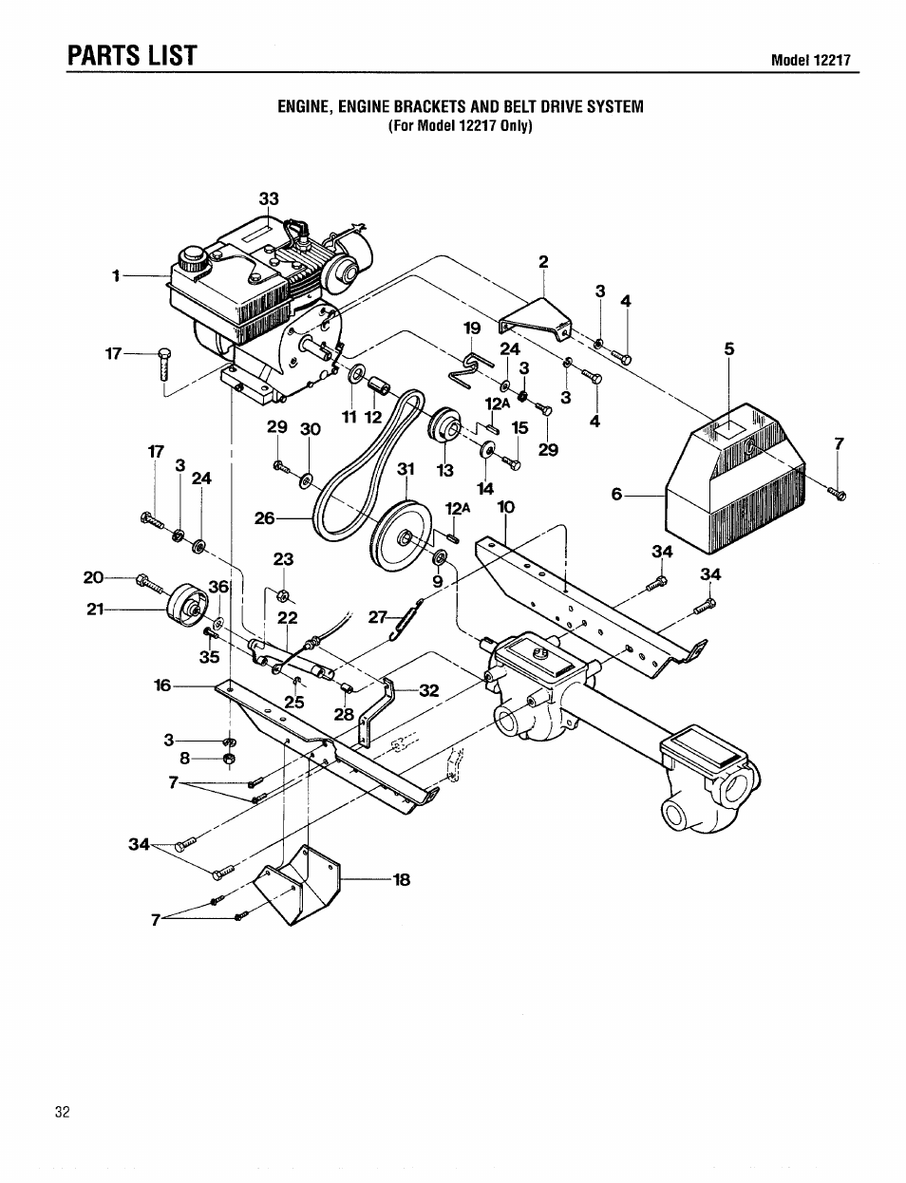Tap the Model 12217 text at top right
(x=810, y=61)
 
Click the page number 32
(x=63, y=1113)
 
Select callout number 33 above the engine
(x=270, y=199)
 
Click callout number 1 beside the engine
(x=115, y=276)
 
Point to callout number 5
(x=729, y=348)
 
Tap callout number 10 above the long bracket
(x=505, y=507)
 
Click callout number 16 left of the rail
(x=162, y=684)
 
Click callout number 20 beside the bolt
(x=93, y=577)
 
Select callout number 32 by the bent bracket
(x=429, y=690)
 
